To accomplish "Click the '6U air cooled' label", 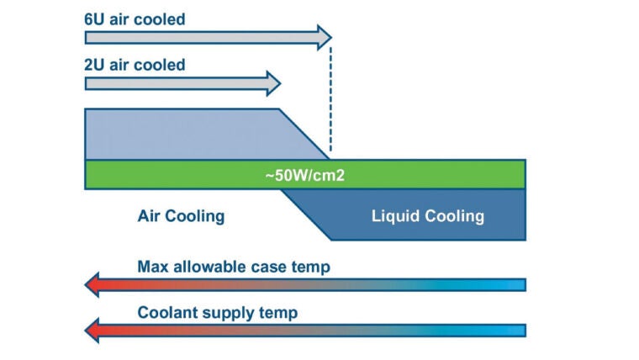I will (135, 19).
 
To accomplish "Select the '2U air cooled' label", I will (135, 65).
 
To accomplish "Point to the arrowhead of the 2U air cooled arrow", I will (272, 83).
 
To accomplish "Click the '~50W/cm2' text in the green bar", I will (305, 174).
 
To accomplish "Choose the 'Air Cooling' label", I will (181, 216).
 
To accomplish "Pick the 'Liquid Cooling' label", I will (427, 216).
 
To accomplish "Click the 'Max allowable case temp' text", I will (234, 267).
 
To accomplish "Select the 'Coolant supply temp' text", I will (217, 313).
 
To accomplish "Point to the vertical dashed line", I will (330, 101).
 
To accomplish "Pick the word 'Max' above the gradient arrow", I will (152, 267).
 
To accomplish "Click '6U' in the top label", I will (96, 19).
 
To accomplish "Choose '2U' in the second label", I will (96, 65).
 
